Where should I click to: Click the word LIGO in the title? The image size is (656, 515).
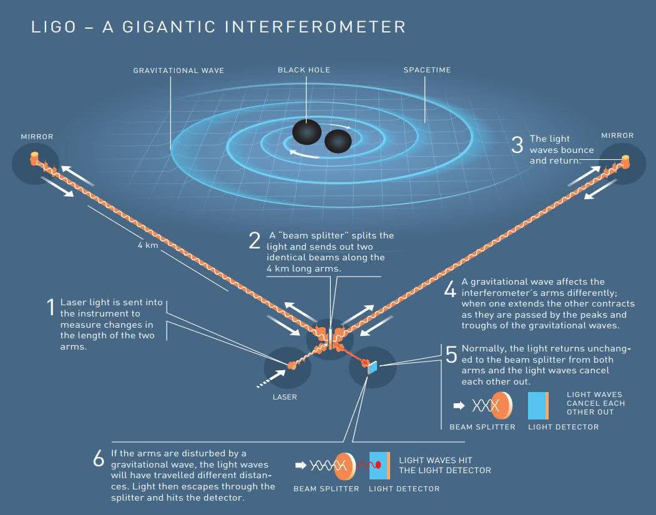tap(54, 27)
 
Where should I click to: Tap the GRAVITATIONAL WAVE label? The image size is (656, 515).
tap(179, 71)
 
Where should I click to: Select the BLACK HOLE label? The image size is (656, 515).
tap(304, 70)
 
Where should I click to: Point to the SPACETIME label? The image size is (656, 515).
tap(427, 70)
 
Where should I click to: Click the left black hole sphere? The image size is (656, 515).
tap(306, 132)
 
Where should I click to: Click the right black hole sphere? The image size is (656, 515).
tap(338, 142)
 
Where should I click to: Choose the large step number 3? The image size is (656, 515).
tap(517, 145)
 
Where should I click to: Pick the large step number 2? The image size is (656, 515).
tap(255, 240)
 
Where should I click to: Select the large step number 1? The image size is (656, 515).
tap(51, 307)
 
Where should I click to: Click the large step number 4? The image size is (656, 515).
tap(450, 288)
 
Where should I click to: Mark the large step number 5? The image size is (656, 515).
tap(451, 355)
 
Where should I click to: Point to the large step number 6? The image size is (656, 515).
tap(99, 459)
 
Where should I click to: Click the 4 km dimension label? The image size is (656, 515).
tap(148, 245)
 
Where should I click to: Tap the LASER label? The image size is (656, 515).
tap(285, 397)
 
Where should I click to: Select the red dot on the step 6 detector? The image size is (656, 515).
tap(378, 465)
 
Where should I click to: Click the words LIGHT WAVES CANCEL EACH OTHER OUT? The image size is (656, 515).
tap(595, 403)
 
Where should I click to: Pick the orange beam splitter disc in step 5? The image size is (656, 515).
tap(502, 405)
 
